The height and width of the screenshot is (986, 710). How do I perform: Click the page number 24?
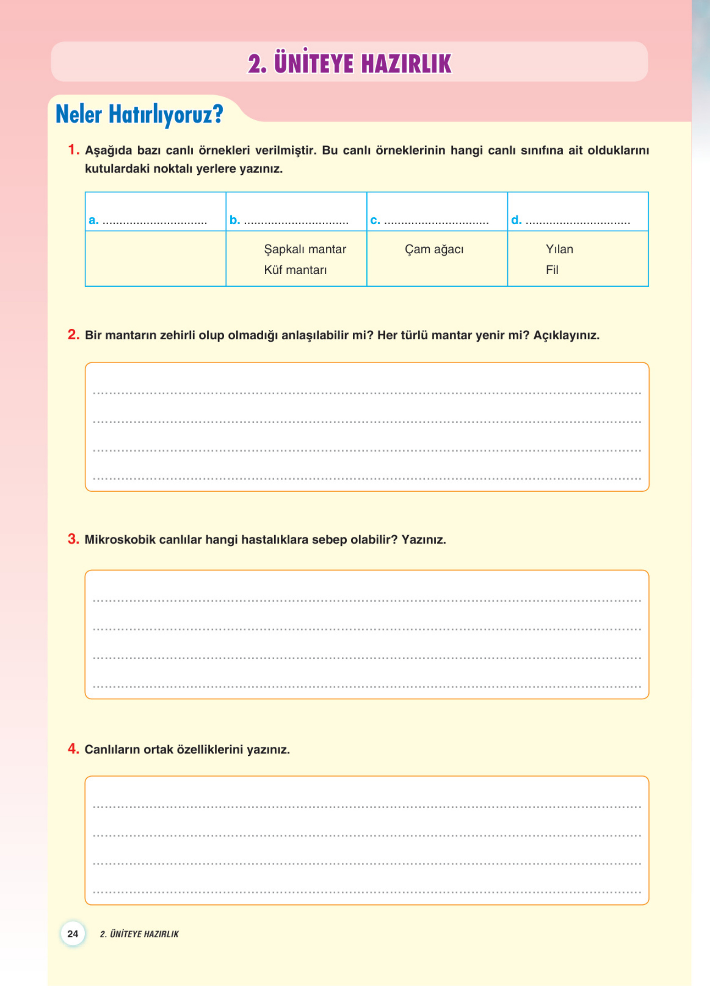[x=72, y=934]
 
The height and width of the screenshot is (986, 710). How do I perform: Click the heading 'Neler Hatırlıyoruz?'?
[x=139, y=114]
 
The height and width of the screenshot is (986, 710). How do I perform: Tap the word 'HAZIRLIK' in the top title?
[x=406, y=64]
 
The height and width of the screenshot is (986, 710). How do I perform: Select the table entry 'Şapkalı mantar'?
[x=305, y=249]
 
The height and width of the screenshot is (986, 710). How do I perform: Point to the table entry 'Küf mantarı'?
[x=295, y=270]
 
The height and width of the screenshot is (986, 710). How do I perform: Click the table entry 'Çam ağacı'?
[x=434, y=249]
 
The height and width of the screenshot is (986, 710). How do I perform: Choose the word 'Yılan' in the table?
[x=559, y=249]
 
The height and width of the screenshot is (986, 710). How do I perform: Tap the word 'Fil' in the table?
[x=552, y=270]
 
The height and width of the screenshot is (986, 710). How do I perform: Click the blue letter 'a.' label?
[x=94, y=220]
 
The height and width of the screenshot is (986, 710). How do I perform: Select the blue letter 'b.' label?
[x=234, y=220]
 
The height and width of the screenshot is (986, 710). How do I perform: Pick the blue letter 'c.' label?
[x=375, y=220]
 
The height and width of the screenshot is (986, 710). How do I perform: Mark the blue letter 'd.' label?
[x=516, y=220]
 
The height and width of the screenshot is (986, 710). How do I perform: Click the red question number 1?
[x=74, y=150]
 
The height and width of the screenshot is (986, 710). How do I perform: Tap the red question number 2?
[x=74, y=334]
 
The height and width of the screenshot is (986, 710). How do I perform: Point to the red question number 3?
[x=74, y=539]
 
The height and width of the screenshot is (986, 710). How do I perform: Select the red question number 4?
[x=74, y=748]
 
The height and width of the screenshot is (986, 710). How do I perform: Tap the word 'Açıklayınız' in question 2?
[x=566, y=335]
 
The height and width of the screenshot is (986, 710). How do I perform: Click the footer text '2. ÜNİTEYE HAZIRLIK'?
[x=139, y=934]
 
